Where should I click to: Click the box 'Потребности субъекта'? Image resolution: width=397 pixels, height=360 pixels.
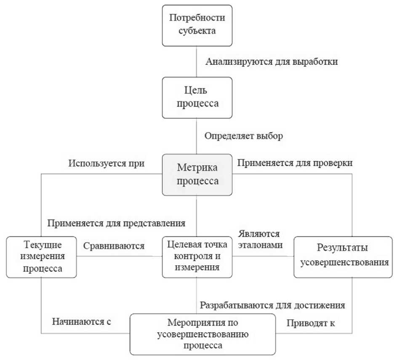point(197,25)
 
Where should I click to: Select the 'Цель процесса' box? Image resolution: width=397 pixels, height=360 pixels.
point(197,97)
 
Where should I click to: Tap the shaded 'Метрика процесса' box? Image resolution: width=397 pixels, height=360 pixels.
point(197,175)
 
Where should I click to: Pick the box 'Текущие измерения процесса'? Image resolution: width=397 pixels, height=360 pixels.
point(42,257)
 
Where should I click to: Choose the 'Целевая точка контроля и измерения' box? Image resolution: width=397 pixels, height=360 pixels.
point(197,256)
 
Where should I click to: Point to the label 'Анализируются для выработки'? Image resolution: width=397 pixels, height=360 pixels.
point(272,61)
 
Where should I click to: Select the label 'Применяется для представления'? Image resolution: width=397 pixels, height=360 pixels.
point(116,222)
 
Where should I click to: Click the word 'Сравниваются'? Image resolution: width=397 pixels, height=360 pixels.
point(113,245)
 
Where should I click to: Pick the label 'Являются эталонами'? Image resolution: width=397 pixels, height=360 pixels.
point(260,239)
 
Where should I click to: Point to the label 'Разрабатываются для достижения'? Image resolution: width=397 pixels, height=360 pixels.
point(273,304)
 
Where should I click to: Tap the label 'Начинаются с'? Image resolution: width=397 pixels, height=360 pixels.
point(81,322)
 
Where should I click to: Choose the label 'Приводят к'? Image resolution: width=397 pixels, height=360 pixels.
point(313,323)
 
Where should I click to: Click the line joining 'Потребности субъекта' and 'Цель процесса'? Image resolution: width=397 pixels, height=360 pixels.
point(197,61)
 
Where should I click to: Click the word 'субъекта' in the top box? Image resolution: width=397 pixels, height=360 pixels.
point(197,31)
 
